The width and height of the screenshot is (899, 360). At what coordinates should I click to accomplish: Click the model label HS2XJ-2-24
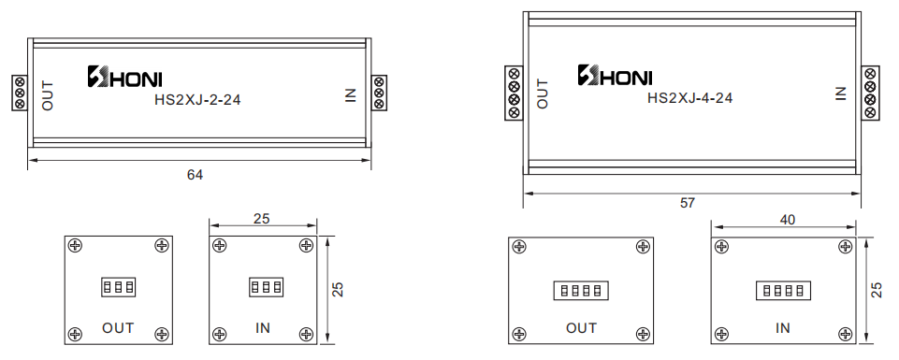[197, 99]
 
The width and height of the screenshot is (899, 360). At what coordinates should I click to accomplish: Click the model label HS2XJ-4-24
[689, 98]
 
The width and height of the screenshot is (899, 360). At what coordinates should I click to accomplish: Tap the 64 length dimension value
[195, 175]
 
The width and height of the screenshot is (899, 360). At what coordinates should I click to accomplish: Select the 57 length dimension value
[687, 202]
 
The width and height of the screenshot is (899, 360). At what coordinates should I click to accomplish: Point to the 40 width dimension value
[788, 220]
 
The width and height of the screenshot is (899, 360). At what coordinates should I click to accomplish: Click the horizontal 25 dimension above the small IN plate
[261, 219]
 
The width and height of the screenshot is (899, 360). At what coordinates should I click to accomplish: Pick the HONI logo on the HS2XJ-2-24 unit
[124, 77]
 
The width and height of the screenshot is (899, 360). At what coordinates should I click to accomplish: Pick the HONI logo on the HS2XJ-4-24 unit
[615, 75]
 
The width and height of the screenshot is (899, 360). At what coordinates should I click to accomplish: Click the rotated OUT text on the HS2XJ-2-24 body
[48, 95]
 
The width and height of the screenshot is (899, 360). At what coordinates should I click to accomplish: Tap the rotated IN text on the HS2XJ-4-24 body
[841, 94]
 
